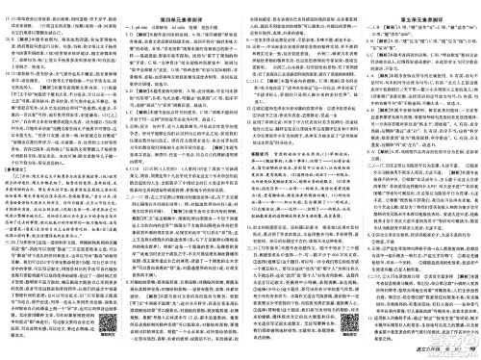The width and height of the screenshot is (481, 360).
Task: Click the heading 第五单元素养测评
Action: tap(418, 13)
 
